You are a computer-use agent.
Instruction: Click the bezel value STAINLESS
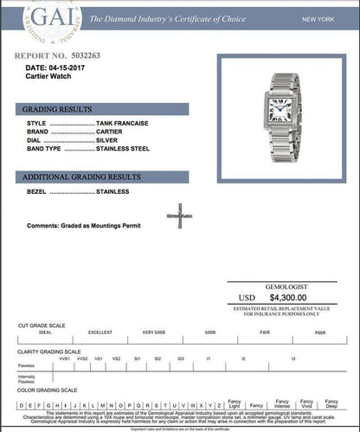pos(112,191)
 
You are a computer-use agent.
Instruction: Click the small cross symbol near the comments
pos(179,216)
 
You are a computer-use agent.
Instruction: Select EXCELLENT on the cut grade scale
pos(100,332)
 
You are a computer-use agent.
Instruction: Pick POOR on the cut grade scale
pos(319,332)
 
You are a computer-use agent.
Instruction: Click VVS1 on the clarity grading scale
pos(64,358)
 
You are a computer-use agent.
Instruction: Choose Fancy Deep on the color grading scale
pos(330,404)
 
